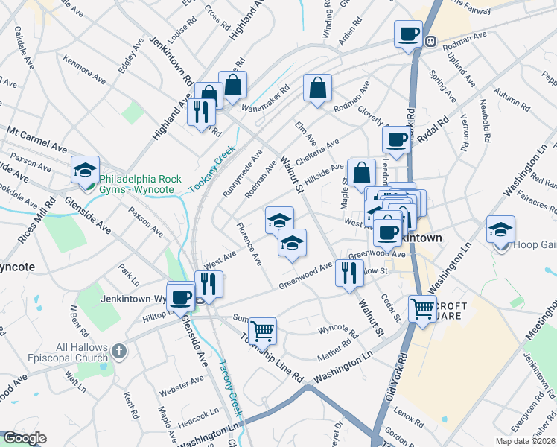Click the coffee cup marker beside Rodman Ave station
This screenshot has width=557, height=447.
click(x=407, y=34)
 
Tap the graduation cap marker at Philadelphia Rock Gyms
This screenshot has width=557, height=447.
click(x=85, y=171)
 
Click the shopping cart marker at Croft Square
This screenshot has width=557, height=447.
click(x=422, y=308)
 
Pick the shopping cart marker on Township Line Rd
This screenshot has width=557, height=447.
click(x=261, y=330)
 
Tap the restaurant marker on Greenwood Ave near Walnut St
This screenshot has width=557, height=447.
click(x=348, y=272)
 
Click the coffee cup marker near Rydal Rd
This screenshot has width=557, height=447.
click(x=396, y=139)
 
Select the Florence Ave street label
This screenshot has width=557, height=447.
click(x=249, y=244)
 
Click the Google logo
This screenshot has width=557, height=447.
click(x=25, y=438)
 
